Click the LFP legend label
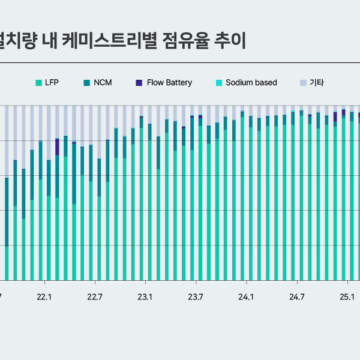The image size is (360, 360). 52,83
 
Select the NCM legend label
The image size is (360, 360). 103,83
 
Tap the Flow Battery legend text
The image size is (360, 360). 169,83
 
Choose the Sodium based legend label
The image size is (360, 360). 251,83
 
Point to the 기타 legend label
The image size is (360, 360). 316,83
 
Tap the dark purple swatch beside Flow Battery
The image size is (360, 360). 139,83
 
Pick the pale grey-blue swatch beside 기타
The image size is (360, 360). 303,83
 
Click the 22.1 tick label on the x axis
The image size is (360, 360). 44,297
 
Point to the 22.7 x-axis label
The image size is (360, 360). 95,297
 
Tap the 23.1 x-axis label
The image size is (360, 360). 145,297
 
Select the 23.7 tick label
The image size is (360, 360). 196,297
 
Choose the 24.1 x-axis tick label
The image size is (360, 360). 246,297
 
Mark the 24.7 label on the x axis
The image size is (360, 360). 296,297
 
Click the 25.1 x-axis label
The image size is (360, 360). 347,297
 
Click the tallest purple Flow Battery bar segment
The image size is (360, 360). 57,147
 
